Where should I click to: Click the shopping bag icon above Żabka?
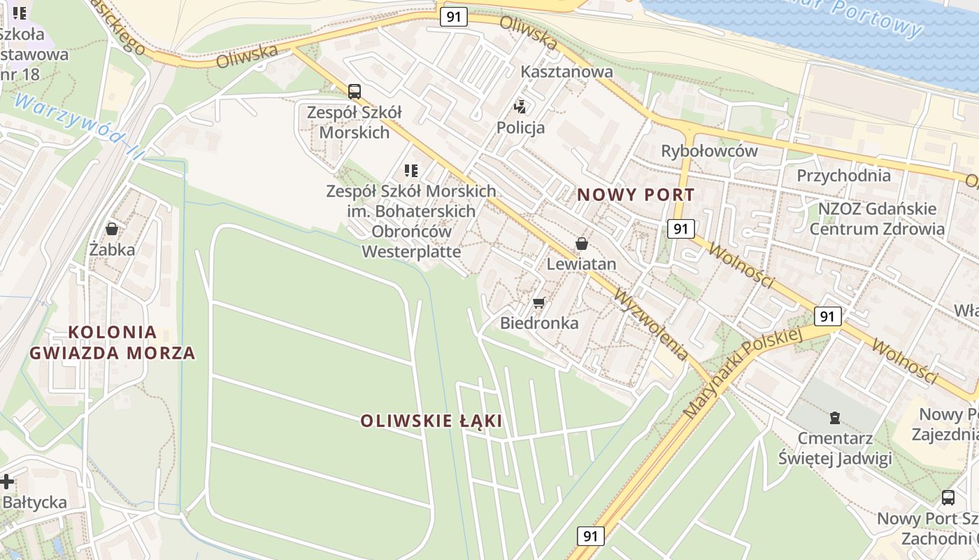[111, 229]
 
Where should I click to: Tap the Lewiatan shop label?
[581, 264]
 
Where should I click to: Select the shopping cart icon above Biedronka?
[538, 302]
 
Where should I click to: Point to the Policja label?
[520, 127]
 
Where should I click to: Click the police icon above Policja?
[520, 107]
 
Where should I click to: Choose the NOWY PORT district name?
[636, 195]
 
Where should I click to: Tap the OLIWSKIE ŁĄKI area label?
[431, 421]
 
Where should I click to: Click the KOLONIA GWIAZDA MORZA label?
[112, 342]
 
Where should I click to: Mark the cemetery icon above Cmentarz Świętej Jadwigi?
[834, 418]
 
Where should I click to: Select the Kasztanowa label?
[566, 71]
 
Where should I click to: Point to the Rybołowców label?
[709, 151]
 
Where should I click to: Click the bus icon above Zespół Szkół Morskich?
[355, 91]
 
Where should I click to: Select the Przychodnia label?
[843, 175]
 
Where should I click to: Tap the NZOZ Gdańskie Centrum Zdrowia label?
[877, 218]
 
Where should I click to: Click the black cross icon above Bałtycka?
[7, 482]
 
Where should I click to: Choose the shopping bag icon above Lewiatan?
[581, 244]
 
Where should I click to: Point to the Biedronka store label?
[539, 323]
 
